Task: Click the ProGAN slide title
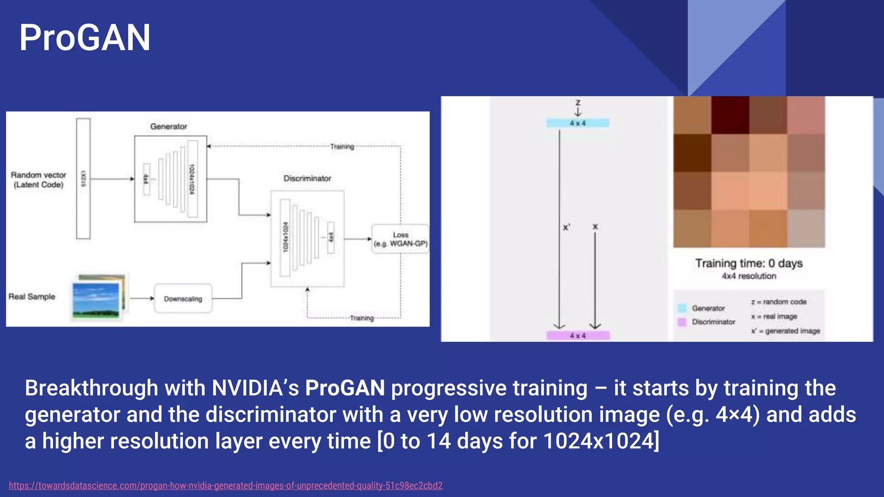point(85,38)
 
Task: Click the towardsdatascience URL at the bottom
point(225,485)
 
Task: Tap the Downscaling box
point(183,299)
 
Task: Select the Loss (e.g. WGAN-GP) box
point(400,239)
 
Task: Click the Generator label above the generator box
point(168,126)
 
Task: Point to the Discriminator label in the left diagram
point(307,178)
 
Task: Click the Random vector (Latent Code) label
point(38,179)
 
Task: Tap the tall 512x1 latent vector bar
point(83,179)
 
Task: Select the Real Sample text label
point(32,296)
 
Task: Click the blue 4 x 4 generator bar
point(578,123)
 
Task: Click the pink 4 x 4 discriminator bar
point(578,335)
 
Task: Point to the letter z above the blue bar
point(578,103)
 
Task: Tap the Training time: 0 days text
point(748,263)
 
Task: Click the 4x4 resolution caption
point(748,276)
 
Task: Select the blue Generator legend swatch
point(682,308)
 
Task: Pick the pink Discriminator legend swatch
point(682,322)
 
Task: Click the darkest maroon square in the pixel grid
point(730,115)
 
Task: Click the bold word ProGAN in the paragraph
point(344,388)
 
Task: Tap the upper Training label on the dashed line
point(342,147)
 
